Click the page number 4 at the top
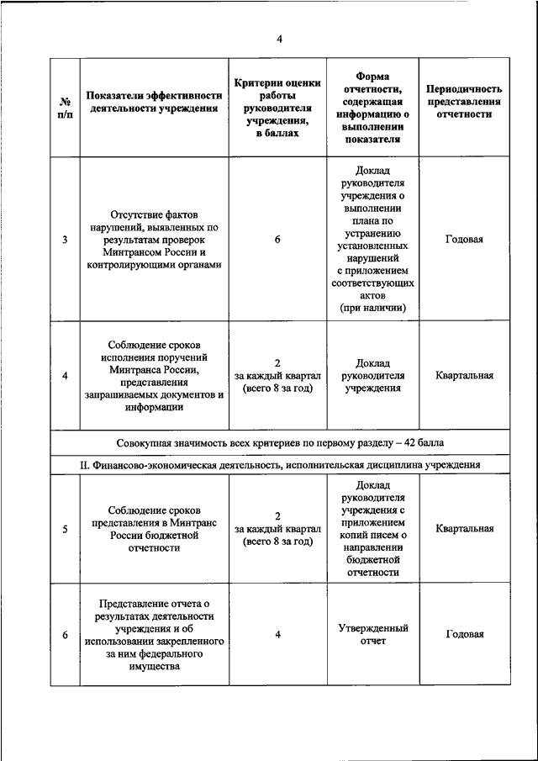click(279, 37)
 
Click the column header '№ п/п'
click(65, 108)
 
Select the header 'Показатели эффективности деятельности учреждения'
click(153, 101)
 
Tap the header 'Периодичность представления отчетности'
click(464, 101)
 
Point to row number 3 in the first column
click(65, 240)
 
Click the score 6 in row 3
click(277, 240)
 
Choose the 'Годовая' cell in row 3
click(464, 239)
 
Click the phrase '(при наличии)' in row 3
click(372, 309)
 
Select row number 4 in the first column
click(65, 375)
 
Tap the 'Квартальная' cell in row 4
click(464, 375)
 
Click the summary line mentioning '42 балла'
click(279, 441)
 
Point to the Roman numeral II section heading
click(279, 463)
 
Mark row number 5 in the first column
click(65, 529)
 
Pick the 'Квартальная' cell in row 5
click(464, 529)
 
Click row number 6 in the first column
click(65, 635)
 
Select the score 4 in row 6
click(277, 634)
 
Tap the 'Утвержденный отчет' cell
click(372, 634)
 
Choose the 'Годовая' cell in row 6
click(464, 634)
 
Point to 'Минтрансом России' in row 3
click(153, 252)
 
